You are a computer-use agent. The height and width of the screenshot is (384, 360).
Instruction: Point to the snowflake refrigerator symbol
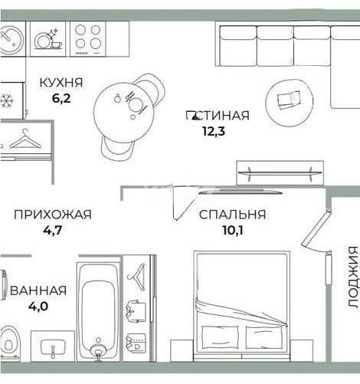click(6, 101)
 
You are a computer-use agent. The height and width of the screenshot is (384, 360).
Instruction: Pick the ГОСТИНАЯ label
click(218, 116)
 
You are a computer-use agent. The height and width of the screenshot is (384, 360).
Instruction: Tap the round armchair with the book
click(288, 100)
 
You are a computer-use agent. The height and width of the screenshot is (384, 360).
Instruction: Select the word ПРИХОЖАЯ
click(52, 215)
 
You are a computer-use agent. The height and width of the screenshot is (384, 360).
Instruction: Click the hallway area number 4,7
click(52, 230)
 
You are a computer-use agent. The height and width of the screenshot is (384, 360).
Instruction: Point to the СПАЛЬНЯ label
click(232, 215)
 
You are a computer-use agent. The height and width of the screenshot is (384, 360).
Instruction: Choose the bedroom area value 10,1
click(232, 230)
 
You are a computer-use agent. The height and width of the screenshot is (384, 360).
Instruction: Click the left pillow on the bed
click(222, 338)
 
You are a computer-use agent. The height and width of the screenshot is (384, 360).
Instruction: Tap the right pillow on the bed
click(266, 338)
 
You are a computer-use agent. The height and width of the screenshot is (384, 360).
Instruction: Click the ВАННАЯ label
click(38, 290)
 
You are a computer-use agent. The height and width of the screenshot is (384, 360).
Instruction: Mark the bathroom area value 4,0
click(38, 306)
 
